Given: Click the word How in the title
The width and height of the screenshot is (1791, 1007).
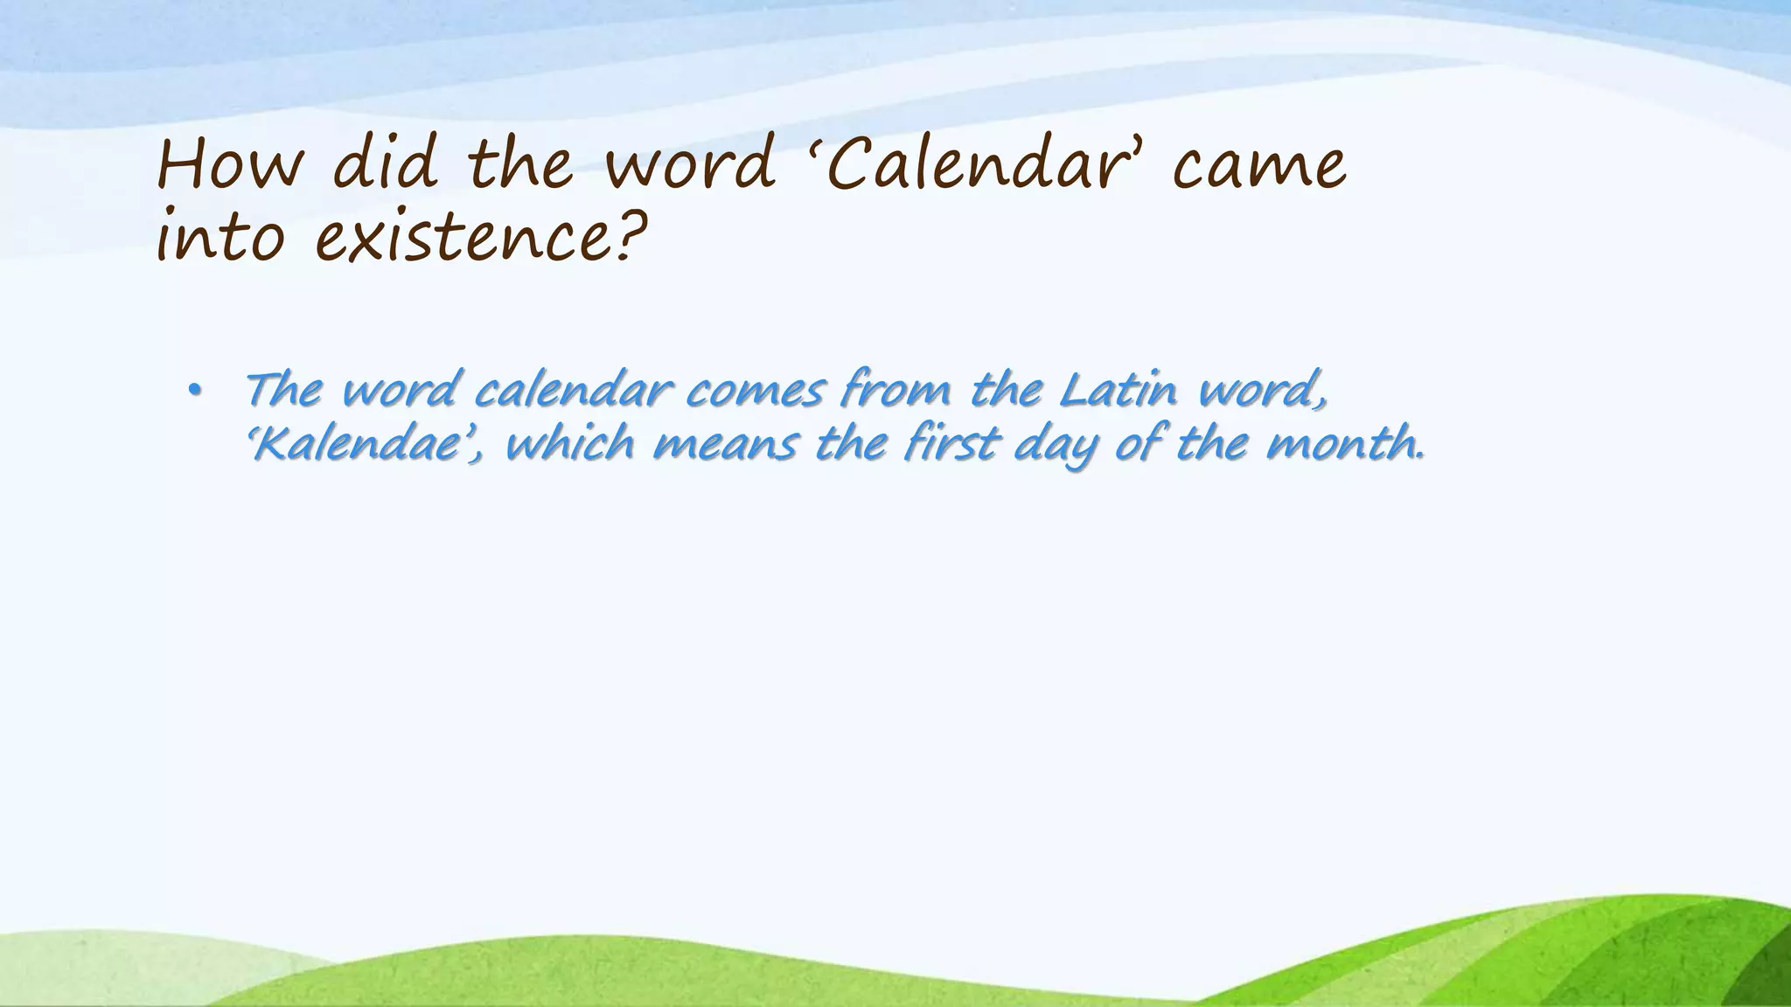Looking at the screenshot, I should [x=229, y=165].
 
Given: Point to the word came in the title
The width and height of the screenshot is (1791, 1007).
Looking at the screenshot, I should [x=1259, y=167].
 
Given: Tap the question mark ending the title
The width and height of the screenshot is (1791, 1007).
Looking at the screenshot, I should [x=631, y=234].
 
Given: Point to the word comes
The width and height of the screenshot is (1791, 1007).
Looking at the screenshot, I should [x=755, y=391].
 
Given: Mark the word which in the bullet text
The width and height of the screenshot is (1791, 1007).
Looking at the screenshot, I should [x=569, y=444].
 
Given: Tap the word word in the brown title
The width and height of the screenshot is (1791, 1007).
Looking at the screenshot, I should [x=690, y=165].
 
